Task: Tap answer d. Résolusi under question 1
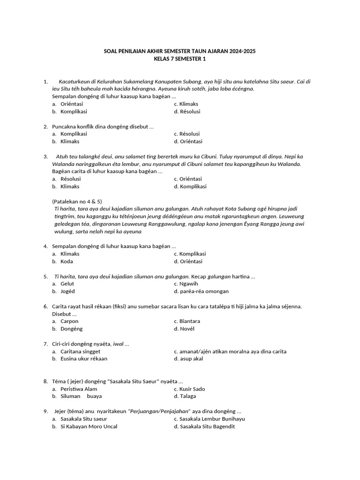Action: (x=187, y=112)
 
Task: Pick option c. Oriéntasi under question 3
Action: (x=187, y=179)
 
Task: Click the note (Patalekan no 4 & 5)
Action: (x=77, y=201)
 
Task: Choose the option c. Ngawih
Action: (x=186, y=284)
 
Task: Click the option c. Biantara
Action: (x=187, y=321)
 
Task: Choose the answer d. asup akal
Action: (x=188, y=359)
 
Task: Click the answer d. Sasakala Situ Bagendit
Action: (x=204, y=427)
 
